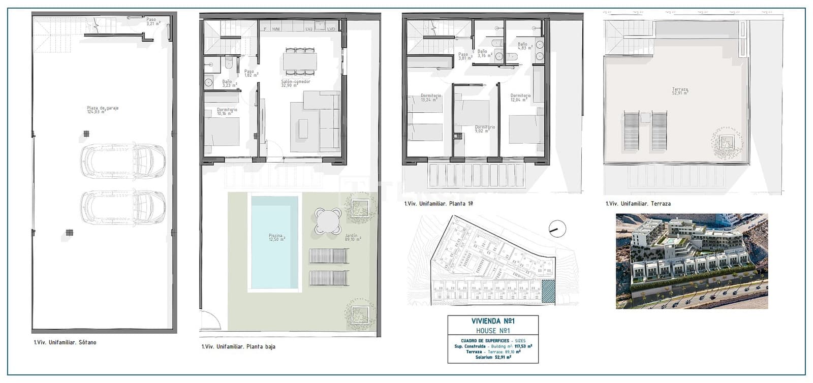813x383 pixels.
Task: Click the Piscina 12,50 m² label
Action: click(x=276, y=237)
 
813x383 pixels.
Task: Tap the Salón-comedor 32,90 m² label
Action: click(x=295, y=83)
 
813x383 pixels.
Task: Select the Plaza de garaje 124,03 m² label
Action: click(x=103, y=110)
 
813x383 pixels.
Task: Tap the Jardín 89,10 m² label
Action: click(x=352, y=237)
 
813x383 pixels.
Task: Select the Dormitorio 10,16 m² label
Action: click(x=227, y=112)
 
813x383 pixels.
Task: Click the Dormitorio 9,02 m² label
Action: click(x=484, y=129)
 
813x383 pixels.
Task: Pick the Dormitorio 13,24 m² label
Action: click(x=430, y=98)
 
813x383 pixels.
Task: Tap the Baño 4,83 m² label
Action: click(x=524, y=46)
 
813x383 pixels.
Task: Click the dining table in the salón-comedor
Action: click(x=300, y=61)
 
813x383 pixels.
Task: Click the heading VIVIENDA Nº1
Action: click(x=492, y=321)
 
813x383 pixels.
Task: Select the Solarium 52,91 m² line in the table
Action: click(x=493, y=357)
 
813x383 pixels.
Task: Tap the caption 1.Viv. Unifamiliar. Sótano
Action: click(x=65, y=342)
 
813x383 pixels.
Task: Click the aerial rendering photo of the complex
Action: click(x=692, y=261)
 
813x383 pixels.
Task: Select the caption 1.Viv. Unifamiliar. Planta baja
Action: click(x=238, y=347)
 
